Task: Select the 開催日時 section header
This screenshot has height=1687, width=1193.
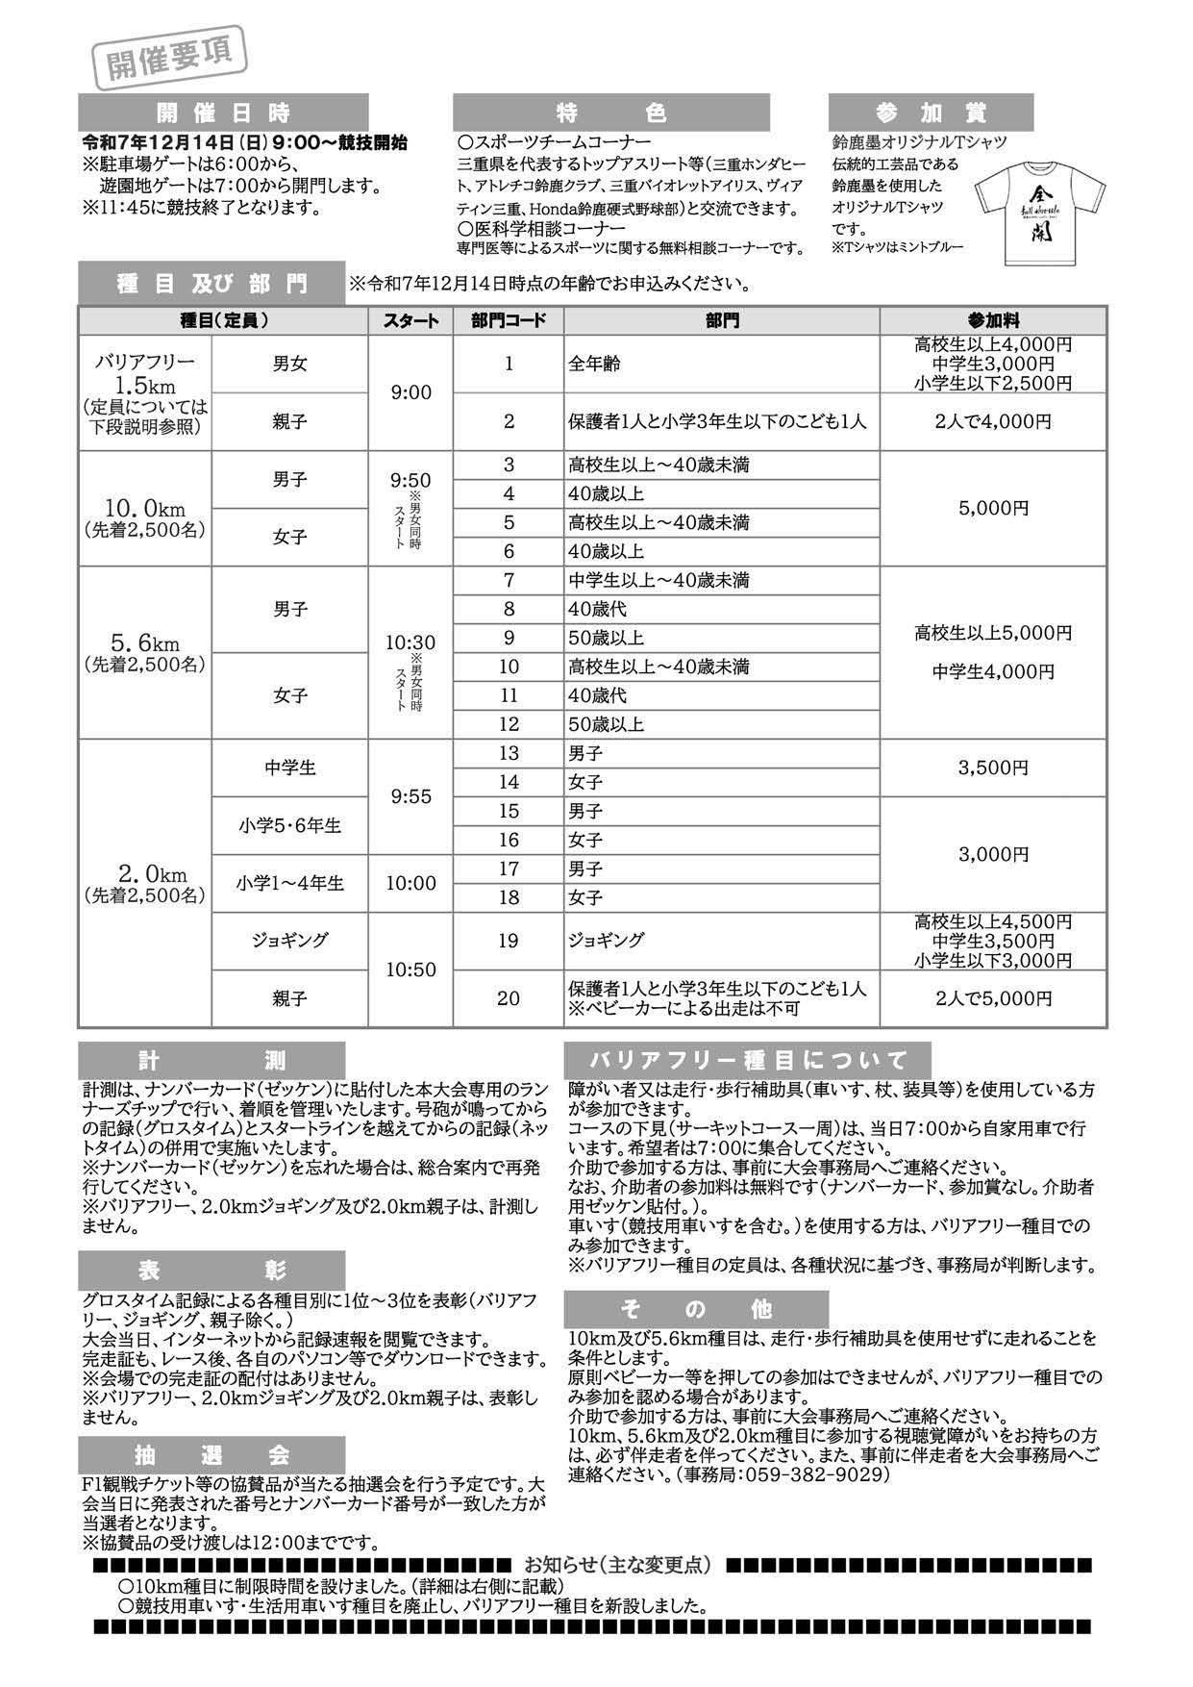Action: (x=223, y=113)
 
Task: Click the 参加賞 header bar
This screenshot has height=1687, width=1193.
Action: (x=930, y=113)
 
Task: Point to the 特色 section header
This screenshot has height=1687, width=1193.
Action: (x=610, y=113)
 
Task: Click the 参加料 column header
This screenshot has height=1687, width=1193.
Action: (x=993, y=321)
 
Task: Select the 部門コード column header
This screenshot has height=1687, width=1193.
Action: (x=509, y=321)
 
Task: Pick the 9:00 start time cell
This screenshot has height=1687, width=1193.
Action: (x=411, y=392)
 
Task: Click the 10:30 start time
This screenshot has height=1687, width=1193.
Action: (x=411, y=642)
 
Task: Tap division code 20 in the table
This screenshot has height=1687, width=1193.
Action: (x=509, y=998)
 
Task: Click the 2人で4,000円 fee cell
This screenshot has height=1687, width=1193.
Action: (x=993, y=421)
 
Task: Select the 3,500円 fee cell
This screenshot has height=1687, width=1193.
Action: (x=993, y=768)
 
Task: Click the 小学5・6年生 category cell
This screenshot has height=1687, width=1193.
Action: (x=289, y=825)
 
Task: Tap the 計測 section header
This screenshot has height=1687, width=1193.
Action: (x=211, y=1061)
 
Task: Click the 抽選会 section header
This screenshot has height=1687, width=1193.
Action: (x=211, y=1454)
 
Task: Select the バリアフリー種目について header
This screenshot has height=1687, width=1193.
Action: (x=748, y=1061)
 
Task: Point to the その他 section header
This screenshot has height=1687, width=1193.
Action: (x=696, y=1309)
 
